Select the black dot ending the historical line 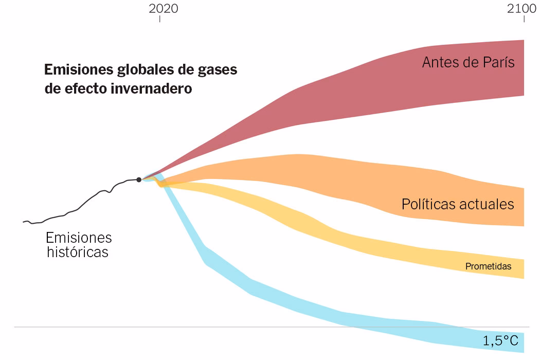139,179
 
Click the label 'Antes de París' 468,62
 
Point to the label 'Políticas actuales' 457,204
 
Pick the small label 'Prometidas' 488,266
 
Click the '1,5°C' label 500,340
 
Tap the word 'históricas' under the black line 78,252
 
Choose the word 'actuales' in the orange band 487,204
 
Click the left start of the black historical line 24,222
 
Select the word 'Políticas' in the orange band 428,204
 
